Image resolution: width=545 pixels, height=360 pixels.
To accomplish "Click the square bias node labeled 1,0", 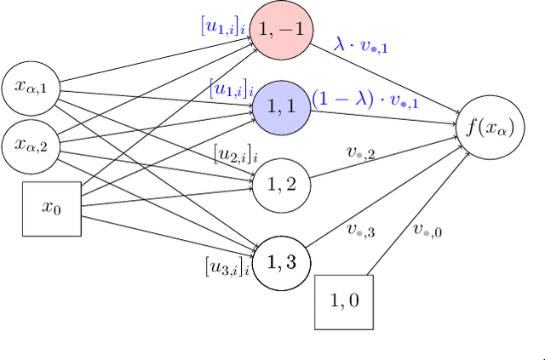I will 345,301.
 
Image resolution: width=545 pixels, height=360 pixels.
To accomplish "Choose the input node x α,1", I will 32,85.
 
